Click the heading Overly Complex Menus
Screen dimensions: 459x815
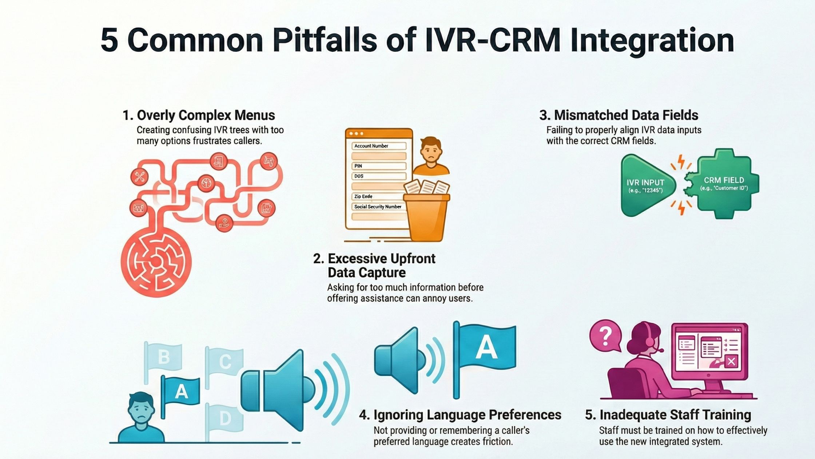(x=199, y=115)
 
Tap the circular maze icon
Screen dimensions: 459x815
(x=156, y=260)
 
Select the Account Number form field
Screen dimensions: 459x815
(x=379, y=146)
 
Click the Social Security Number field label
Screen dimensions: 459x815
(x=378, y=207)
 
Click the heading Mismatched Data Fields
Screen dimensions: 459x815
(x=619, y=115)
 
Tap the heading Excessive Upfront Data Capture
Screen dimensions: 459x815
(x=374, y=266)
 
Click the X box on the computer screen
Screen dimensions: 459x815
(x=731, y=361)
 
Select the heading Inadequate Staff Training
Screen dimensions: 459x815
(x=668, y=415)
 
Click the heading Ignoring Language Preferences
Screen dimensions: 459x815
(x=460, y=415)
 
